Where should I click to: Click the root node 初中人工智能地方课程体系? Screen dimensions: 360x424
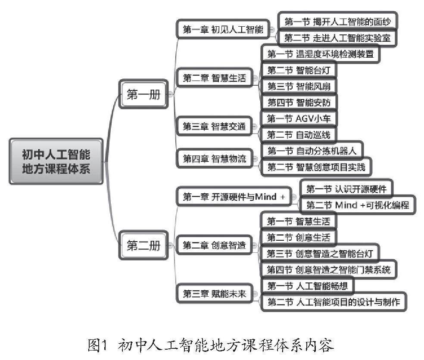tap(56, 161)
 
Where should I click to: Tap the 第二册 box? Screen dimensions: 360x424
tap(143, 245)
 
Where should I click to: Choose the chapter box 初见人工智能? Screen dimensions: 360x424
tap(223, 29)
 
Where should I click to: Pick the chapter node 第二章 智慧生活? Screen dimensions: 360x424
tap(214, 78)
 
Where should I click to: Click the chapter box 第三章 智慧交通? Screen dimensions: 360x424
tap(214, 126)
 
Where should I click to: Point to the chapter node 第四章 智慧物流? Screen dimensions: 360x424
tap(214, 158)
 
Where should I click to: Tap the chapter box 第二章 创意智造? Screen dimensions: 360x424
tap(214, 245)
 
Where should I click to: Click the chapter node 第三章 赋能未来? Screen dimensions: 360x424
tap(214, 294)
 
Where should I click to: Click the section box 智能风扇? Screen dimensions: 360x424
tap(299, 86)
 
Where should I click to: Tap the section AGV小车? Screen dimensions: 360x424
tap(299, 118)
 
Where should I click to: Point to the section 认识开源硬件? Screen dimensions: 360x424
tap(346, 189)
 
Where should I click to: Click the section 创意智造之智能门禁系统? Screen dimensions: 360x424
tap(328, 270)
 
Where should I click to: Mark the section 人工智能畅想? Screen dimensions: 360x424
tap(307, 286)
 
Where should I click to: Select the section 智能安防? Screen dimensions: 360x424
tap(299, 102)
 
